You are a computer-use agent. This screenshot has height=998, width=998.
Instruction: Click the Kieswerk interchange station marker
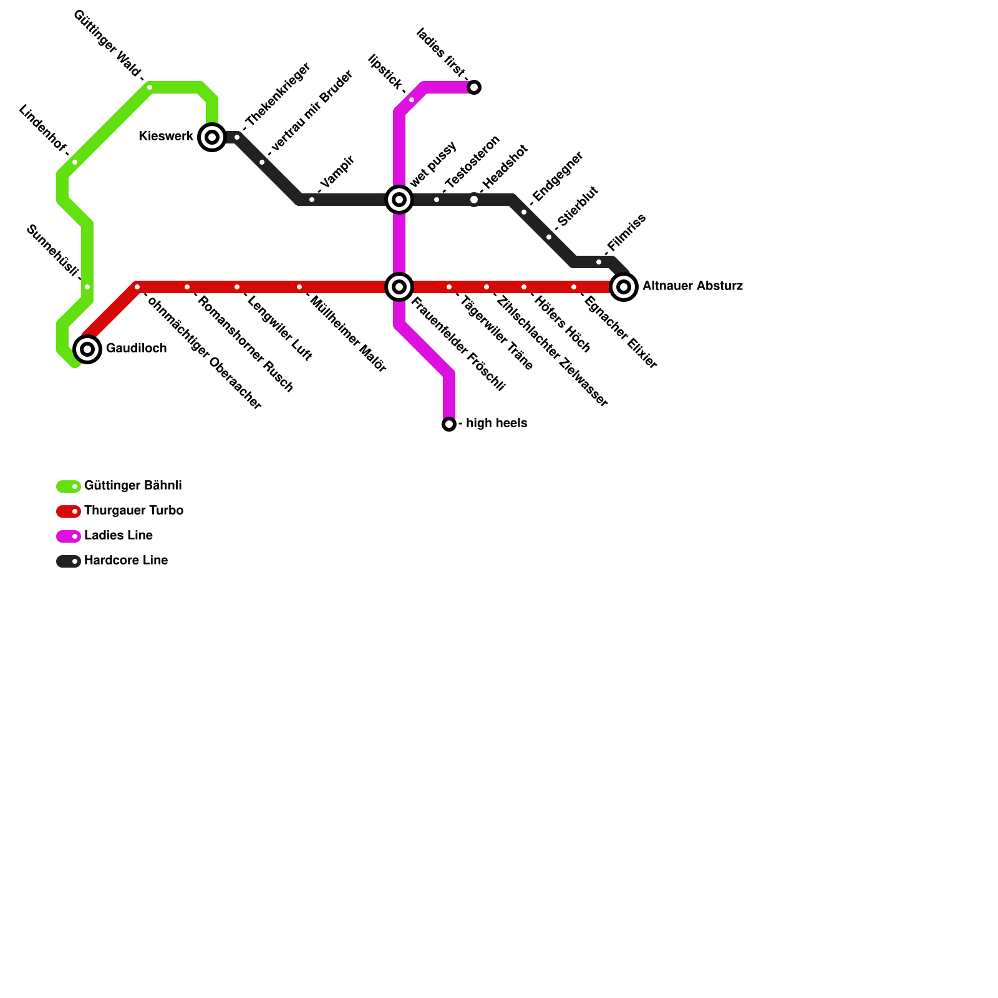tap(212, 137)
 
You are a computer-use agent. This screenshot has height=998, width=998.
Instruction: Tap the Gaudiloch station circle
tap(87, 349)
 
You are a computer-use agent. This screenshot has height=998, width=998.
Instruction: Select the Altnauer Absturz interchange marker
tap(624, 287)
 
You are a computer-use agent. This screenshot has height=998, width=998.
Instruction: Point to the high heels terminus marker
tap(449, 424)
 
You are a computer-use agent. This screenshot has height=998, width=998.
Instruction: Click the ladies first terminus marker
tap(474, 87)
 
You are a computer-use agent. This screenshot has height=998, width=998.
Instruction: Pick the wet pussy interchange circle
tap(399, 200)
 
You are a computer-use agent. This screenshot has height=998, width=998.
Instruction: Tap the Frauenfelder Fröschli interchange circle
tap(399, 287)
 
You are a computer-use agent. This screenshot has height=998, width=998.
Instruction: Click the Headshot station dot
tap(474, 200)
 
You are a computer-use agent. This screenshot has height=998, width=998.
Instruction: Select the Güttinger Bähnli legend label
tap(133, 485)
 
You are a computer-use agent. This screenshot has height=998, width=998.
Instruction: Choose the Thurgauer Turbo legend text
tap(133, 510)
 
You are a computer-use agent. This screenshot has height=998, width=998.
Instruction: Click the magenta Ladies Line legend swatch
tap(68, 536)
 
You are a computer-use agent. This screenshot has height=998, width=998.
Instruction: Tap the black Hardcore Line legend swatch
tap(68, 561)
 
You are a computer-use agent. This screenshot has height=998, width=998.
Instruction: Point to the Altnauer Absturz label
tap(692, 286)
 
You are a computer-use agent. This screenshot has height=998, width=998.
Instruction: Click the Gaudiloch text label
tap(136, 348)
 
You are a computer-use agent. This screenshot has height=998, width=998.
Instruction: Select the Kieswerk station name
tap(166, 136)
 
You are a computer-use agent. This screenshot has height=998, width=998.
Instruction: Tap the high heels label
tap(497, 423)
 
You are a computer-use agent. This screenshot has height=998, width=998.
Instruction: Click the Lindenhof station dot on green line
tap(75, 162)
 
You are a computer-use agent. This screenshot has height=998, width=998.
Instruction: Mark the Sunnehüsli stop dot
tap(87, 287)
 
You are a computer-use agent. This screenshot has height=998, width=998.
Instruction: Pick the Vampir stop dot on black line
tap(312, 200)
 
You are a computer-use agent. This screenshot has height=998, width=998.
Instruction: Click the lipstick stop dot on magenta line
tap(412, 100)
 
